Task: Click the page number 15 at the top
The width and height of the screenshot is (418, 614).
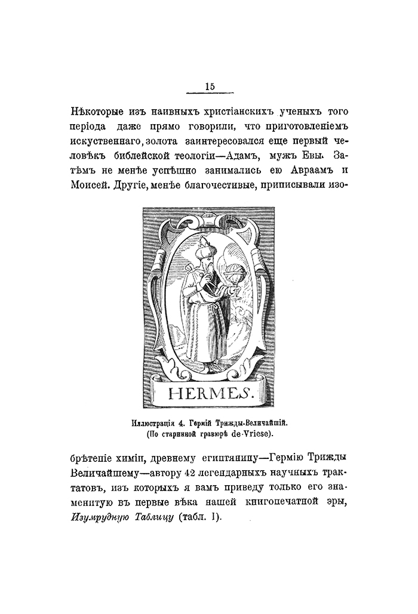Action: point(209,86)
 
